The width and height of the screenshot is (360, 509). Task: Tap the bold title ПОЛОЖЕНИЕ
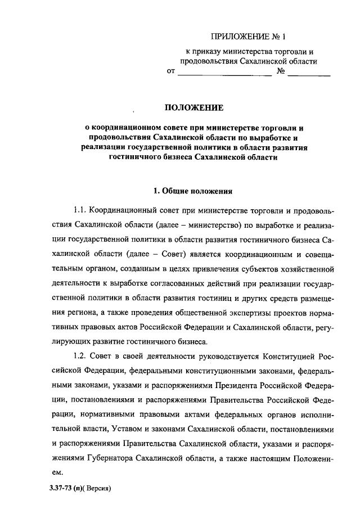(193, 106)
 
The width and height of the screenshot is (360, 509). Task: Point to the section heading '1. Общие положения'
(193, 191)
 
